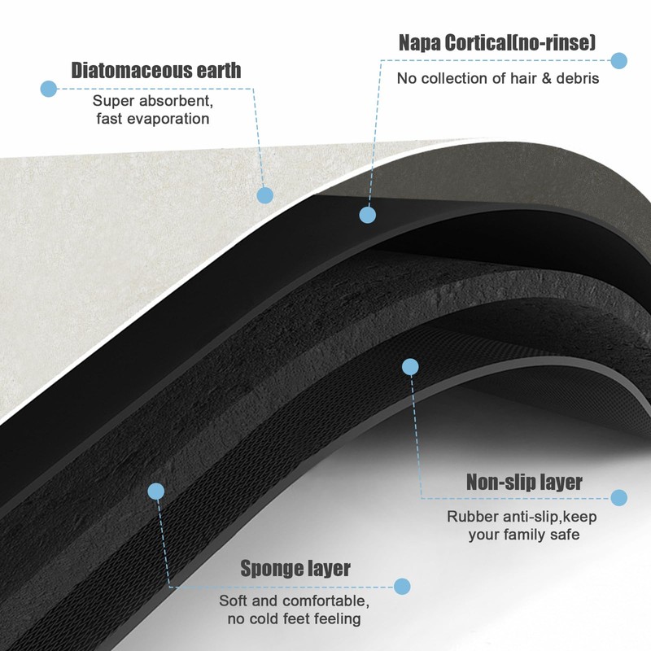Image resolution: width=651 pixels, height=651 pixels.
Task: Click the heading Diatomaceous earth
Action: click(156, 70)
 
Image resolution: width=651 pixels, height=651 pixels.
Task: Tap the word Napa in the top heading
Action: click(420, 42)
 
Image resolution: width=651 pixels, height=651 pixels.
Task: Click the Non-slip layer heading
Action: click(524, 482)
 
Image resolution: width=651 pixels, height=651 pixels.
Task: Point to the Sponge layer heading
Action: click(295, 568)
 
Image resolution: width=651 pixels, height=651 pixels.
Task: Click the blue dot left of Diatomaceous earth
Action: click(49, 89)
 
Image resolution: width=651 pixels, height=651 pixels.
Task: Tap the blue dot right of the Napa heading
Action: click(618, 60)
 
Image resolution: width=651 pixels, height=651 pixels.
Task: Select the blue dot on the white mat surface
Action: click(264, 195)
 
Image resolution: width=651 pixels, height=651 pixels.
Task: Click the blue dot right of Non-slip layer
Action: click(618, 497)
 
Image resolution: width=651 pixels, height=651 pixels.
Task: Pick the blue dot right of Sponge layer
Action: click(401, 586)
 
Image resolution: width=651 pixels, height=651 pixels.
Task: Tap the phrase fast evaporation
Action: click(151, 119)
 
